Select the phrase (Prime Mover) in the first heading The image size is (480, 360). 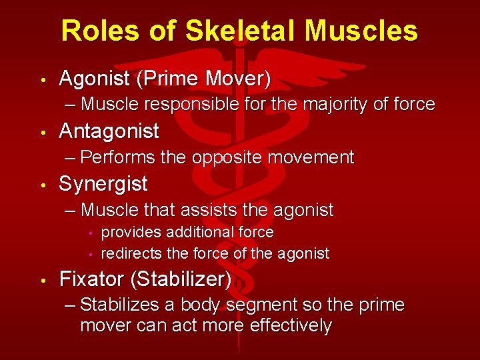coord(203,79)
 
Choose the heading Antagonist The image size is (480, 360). coord(109,131)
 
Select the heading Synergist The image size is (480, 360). coord(103,184)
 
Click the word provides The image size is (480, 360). coord(131,232)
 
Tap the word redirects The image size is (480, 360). coord(131,253)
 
